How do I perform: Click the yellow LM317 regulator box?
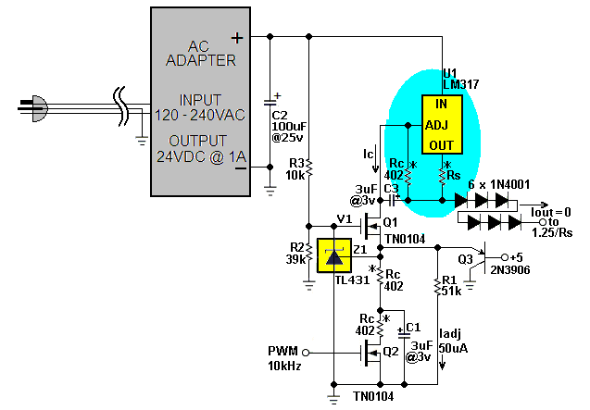click(442, 124)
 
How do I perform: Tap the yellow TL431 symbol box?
click(334, 255)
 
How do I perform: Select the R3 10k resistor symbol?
click(309, 168)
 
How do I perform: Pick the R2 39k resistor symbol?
click(309, 253)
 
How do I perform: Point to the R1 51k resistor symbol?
click(437, 286)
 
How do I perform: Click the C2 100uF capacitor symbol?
click(270, 103)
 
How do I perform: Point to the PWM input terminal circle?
click(306, 353)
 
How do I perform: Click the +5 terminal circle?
click(505, 257)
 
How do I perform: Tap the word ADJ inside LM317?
click(436, 125)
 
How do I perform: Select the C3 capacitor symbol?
click(393, 201)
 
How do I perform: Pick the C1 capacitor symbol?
click(404, 334)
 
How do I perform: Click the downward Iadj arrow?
click(443, 364)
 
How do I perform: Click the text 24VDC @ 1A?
click(201, 156)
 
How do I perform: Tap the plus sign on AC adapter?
click(237, 38)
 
